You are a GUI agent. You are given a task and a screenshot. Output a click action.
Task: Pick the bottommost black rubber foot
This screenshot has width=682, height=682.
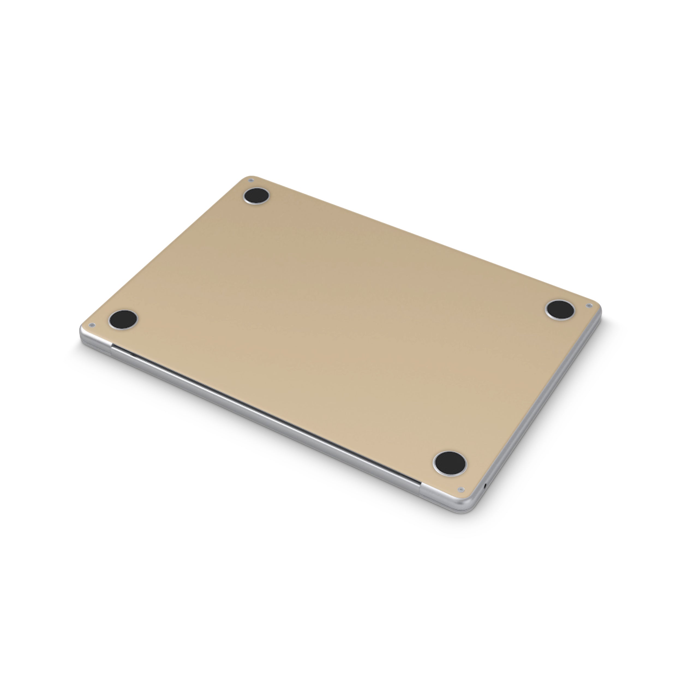450,462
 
